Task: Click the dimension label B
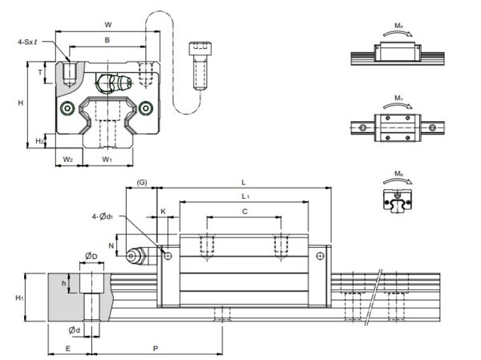(x=107, y=40)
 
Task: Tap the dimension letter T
(x=41, y=71)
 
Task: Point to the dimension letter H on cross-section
(x=21, y=103)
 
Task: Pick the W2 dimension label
(x=68, y=159)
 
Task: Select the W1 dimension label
(x=107, y=159)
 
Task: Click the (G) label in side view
(x=142, y=184)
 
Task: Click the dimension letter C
(x=244, y=212)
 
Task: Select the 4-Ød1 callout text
(x=103, y=215)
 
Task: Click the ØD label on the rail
(x=91, y=257)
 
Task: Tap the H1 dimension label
(x=18, y=298)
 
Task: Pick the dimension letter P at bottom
(x=155, y=350)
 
